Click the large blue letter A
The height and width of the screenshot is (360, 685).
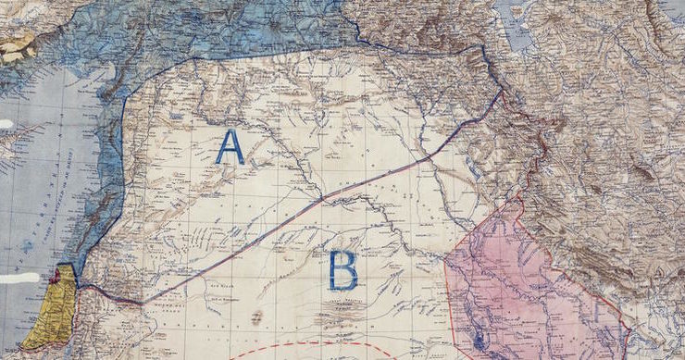click(x=230, y=147)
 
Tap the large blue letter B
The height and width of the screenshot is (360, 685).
click(x=343, y=269)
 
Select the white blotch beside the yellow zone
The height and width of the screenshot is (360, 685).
click(x=20, y=278)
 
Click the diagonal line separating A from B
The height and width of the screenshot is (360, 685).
click(x=324, y=197)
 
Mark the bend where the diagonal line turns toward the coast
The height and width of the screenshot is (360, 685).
click(x=141, y=302)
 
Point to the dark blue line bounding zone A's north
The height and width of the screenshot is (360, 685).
click(x=278, y=51)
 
